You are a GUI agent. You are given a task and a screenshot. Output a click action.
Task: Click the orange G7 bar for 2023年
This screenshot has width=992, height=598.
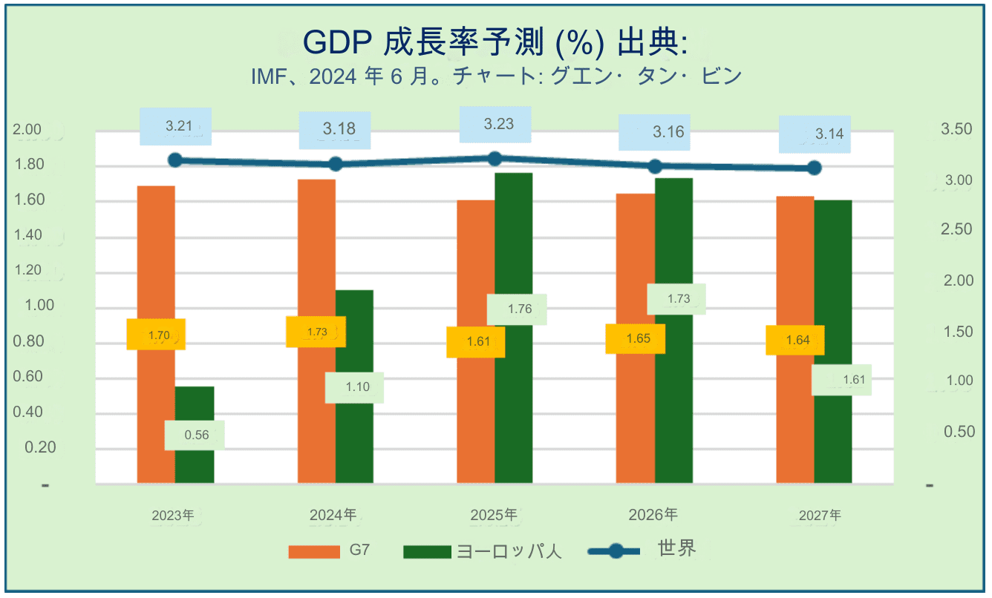[156, 334]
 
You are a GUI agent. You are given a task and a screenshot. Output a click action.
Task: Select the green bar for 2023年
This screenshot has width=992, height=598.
[195, 435]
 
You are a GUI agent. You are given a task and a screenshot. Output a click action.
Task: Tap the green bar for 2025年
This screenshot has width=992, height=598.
[514, 328]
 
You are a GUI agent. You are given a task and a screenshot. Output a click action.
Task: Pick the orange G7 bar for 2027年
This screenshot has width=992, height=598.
[795, 340]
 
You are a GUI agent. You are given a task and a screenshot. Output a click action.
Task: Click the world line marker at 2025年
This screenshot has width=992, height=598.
[495, 159]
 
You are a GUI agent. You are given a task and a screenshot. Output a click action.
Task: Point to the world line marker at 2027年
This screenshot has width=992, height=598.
[815, 168]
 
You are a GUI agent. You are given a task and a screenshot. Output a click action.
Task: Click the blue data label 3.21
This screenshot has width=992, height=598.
[176, 126]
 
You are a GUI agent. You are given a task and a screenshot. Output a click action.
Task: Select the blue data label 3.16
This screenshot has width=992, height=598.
[655, 132]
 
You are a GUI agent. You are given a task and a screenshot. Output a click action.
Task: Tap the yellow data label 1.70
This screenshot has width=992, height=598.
[156, 334]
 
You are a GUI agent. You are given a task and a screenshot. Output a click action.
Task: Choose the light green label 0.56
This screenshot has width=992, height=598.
[195, 435]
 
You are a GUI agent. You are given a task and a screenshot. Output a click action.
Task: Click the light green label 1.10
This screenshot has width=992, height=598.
[354, 387]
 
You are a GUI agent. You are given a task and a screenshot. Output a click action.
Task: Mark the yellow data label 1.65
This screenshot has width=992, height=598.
[636, 338]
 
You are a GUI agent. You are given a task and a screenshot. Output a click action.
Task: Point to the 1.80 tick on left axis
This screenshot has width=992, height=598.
[29, 164]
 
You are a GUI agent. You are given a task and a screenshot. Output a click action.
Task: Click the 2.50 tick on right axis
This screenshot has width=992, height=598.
[956, 229]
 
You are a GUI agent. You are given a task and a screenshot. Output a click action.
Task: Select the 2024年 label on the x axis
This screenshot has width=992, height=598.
[333, 515]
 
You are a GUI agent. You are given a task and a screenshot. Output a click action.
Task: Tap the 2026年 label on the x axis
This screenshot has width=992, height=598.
[653, 514]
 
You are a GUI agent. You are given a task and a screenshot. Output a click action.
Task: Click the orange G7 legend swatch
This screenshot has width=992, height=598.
[314, 552]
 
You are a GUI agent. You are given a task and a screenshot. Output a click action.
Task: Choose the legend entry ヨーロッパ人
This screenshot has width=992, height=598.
[483, 551]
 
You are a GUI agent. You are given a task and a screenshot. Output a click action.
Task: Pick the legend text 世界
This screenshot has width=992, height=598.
[676, 548]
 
